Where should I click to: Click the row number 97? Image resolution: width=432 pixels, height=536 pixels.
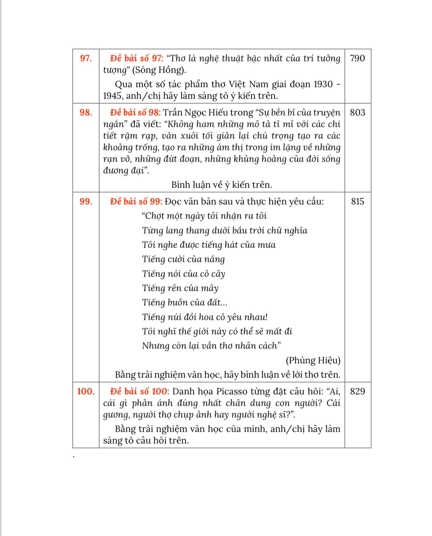pyautogui.click(x=86, y=58)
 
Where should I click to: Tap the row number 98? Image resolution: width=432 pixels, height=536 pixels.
pyautogui.click(x=86, y=113)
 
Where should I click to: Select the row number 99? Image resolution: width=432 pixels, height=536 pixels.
pyautogui.click(x=86, y=202)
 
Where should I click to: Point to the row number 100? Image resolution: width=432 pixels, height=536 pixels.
pyautogui.click(x=86, y=391)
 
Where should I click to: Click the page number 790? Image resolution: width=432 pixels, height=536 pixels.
pyautogui.click(x=357, y=58)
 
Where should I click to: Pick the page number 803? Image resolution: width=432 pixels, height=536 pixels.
pyautogui.click(x=357, y=113)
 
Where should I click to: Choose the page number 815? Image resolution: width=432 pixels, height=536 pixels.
pyautogui.click(x=357, y=202)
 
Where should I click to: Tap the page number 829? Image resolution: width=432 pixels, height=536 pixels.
pyautogui.click(x=357, y=391)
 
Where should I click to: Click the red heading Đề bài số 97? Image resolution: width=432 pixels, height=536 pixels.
pyautogui.click(x=137, y=58)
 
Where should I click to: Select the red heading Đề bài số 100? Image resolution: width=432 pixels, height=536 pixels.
pyautogui.click(x=139, y=391)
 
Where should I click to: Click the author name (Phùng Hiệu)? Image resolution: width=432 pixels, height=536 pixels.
pyautogui.click(x=313, y=360)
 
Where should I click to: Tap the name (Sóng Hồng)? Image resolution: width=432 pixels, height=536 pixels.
pyautogui.click(x=159, y=70)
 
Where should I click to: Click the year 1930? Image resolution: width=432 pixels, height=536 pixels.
pyautogui.click(x=323, y=84)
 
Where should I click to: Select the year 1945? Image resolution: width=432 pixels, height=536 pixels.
pyautogui.click(x=113, y=96)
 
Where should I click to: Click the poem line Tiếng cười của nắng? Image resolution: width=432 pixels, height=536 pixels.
pyautogui.click(x=183, y=259)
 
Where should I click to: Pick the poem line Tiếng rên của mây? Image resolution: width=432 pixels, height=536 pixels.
pyautogui.click(x=180, y=288)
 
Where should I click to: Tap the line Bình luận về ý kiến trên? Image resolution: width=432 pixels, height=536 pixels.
pyautogui.click(x=221, y=185)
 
